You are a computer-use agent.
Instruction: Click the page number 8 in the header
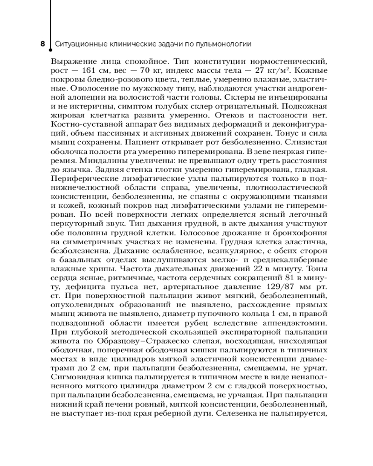(42, 45)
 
